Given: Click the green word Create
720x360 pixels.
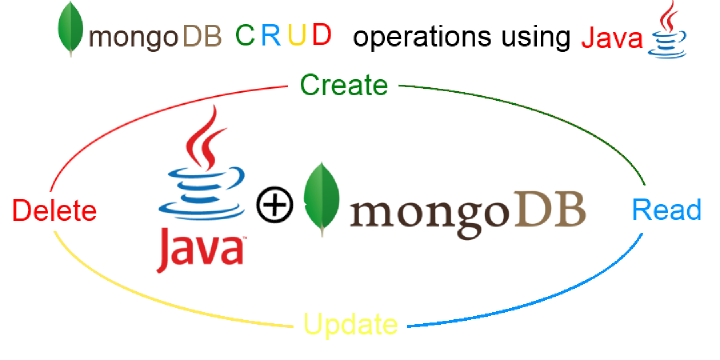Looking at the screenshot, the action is [343, 85].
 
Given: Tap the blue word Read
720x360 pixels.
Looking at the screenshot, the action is [667, 211].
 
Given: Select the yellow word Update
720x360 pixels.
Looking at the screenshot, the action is [351, 325].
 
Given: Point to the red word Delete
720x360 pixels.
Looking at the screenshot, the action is [54, 211].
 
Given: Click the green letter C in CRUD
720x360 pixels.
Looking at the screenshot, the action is [244, 36].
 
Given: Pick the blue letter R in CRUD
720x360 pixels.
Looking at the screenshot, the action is [271, 36].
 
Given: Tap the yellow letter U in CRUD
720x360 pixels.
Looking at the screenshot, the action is [296, 36].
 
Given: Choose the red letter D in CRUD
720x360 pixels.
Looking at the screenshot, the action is [321, 36].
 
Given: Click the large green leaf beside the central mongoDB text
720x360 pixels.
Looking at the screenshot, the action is [320, 198].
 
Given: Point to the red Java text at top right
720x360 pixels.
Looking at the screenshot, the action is [612, 39].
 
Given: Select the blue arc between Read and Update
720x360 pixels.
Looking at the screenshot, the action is [560, 300].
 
